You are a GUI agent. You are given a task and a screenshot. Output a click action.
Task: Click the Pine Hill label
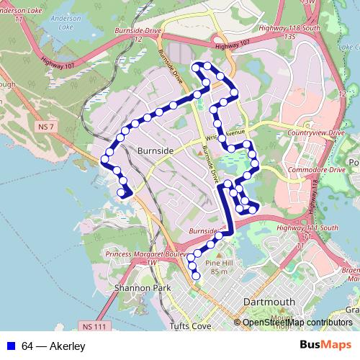219,262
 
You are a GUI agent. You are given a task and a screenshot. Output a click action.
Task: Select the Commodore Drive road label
317,170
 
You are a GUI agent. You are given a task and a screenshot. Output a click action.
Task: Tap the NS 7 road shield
45,126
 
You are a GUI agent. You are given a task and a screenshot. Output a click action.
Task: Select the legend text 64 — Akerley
53,347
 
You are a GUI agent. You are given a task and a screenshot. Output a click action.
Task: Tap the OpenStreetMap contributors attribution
297,323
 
